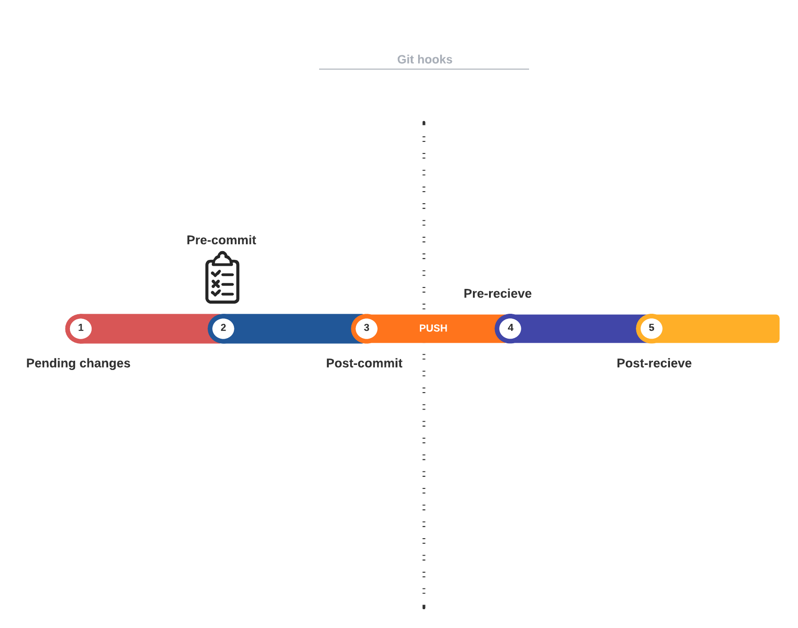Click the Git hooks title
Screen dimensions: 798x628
(425, 59)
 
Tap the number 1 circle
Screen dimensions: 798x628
(81, 329)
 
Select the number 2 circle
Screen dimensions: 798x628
(223, 329)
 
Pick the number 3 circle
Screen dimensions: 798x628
(367, 329)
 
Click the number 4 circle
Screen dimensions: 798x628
(510, 329)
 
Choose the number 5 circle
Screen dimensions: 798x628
(652, 329)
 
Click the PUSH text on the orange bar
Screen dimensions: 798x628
(433, 329)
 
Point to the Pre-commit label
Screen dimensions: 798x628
(221, 240)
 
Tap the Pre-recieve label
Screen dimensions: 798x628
(498, 293)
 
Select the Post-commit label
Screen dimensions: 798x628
(364, 363)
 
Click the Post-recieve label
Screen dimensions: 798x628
(654, 363)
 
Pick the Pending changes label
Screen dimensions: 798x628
(78, 364)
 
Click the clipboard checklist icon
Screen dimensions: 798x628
(222, 277)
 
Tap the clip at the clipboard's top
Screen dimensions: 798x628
(222, 258)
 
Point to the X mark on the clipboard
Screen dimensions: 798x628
(216, 284)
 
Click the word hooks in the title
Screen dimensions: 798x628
(435, 59)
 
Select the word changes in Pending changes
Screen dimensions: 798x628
(105, 364)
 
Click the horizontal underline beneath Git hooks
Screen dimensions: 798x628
(424, 69)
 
